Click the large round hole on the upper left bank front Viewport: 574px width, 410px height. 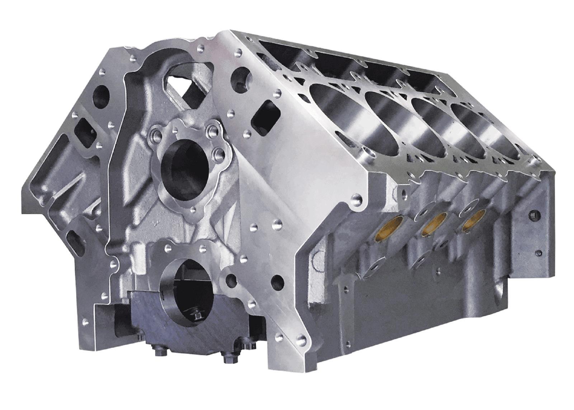(101, 96)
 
